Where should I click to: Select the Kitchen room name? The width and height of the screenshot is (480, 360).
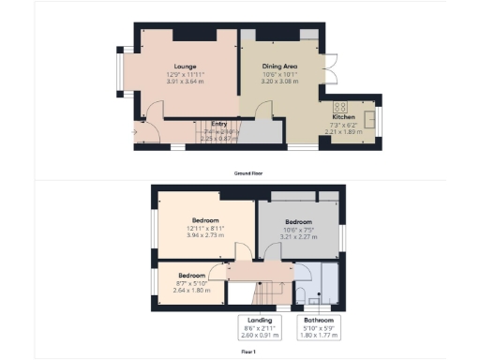point(343,116)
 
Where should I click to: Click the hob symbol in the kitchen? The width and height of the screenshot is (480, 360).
point(339,106)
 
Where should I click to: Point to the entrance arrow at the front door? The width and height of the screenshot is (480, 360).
point(135,131)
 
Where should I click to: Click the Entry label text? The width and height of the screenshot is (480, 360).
point(218,124)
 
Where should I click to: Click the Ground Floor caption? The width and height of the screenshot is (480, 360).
point(247,173)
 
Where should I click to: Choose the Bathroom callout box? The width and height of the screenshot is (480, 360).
point(316,327)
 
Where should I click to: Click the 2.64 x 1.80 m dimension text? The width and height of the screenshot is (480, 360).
point(191,290)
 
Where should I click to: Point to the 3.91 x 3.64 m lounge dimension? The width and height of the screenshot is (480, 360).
point(184,82)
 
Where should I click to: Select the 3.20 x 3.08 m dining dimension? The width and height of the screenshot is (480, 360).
point(279,82)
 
